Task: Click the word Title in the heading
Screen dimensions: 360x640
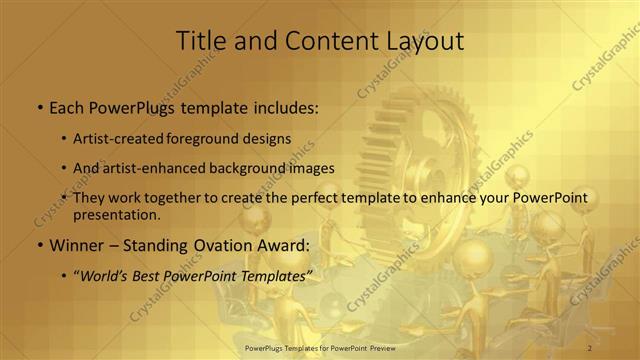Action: pyautogui.click(x=198, y=41)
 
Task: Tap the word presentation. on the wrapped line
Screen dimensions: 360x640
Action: pyautogui.click(x=116, y=214)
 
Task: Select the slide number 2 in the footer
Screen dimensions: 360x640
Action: pyautogui.click(x=590, y=347)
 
